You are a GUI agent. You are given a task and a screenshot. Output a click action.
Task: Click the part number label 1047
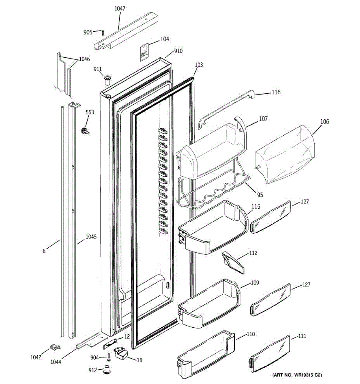point(120,9)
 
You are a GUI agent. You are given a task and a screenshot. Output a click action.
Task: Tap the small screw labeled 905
point(103,32)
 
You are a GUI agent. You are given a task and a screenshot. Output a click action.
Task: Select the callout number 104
point(164,39)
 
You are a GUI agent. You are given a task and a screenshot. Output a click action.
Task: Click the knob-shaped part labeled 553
point(85,131)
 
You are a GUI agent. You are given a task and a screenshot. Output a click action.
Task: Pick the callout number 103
point(199,65)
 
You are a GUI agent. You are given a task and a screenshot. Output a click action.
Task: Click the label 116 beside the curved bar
point(276,92)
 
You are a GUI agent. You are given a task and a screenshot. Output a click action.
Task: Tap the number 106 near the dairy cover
point(324,122)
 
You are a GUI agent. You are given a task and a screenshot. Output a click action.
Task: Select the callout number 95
point(260,195)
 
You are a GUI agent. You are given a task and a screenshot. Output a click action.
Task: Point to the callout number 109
point(255,283)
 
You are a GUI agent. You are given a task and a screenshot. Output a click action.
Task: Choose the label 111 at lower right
point(302,336)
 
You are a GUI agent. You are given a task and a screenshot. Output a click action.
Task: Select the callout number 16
point(139,360)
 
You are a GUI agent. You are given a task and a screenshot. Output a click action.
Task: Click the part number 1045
point(91,237)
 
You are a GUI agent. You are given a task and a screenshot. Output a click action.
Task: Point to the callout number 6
point(44,251)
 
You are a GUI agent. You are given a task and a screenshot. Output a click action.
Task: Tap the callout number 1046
point(84,59)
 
